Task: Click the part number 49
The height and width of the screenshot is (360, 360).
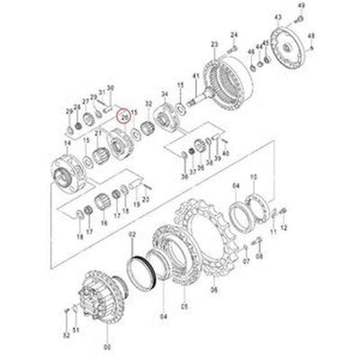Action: [x=301, y=6]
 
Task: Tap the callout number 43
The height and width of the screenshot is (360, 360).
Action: [x=277, y=17]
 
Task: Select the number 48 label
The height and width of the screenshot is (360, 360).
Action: [x=311, y=36]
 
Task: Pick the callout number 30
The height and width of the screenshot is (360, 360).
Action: [x=111, y=87]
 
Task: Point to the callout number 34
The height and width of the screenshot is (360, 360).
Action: [x=164, y=93]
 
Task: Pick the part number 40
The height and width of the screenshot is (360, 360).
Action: [x=225, y=154]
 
